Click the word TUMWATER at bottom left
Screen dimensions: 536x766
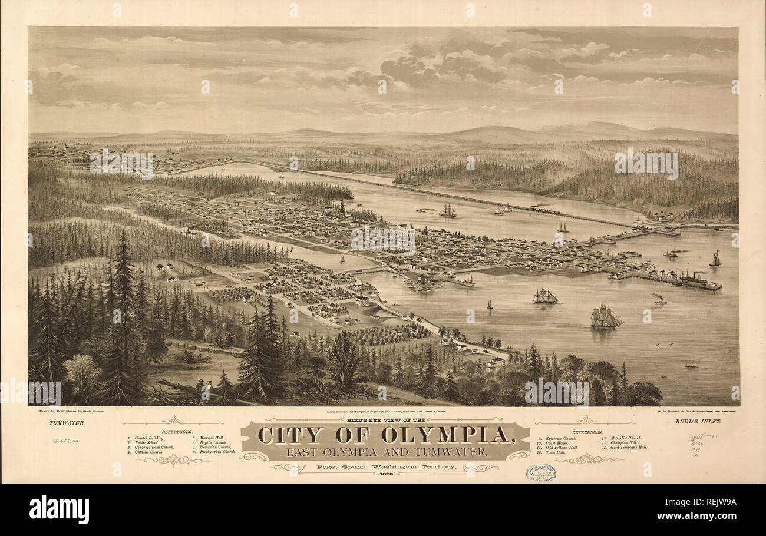pyautogui.click(x=67, y=422)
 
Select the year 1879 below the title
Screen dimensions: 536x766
pyautogui.click(x=386, y=474)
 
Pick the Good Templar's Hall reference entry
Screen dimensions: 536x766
pyautogui.click(x=625, y=447)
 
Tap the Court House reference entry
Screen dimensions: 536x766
pyautogui.click(x=554, y=443)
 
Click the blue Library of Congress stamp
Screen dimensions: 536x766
pyautogui.click(x=540, y=473)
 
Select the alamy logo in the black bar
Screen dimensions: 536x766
pyautogui.click(x=59, y=509)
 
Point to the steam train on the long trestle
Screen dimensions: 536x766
pyautogui.click(x=543, y=209)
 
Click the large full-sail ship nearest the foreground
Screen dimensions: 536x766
pyautogui.click(x=605, y=317)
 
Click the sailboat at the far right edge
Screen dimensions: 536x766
pyautogui.click(x=715, y=259)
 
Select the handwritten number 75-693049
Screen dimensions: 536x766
pyautogui.click(x=65, y=441)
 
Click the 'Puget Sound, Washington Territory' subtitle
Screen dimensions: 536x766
pyautogui.click(x=386, y=466)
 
